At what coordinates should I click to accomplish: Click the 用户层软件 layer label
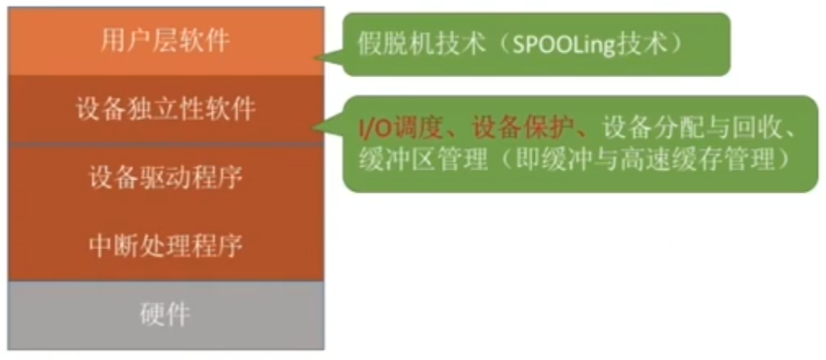[165, 41]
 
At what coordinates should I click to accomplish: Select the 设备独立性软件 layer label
[166, 109]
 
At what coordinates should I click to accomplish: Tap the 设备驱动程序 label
[165, 178]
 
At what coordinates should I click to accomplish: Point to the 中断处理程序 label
[165, 245]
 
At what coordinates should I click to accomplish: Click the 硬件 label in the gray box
[165, 315]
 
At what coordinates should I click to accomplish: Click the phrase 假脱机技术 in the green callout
[421, 45]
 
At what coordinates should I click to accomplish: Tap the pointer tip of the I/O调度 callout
[313, 128]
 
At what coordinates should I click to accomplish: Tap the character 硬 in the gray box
[153, 315]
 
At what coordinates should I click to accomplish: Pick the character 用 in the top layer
[113, 41]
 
